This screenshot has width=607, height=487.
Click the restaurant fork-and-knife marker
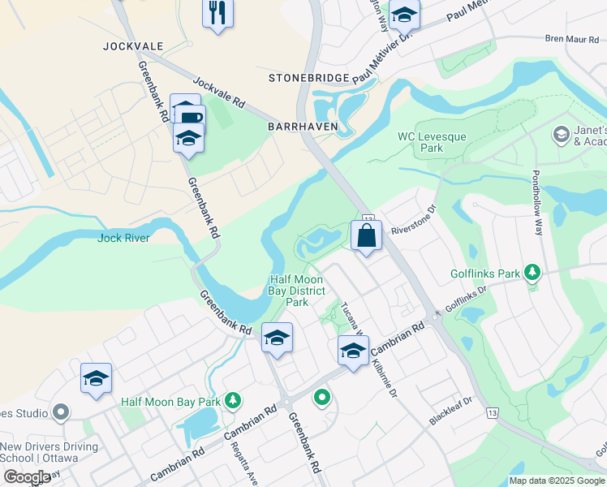point(217,12)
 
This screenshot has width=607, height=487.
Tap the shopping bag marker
point(366,236)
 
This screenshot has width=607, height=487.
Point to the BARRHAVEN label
point(302,127)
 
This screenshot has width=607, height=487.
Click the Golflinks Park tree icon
point(532,272)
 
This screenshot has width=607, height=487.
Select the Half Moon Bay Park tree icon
point(233,400)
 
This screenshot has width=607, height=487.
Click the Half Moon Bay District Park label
point(298,291)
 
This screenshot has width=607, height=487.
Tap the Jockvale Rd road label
point(218,92)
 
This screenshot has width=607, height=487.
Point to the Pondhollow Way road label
point(536,203)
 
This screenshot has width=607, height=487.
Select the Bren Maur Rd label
point(571,38)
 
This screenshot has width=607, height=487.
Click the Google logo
point(27,477)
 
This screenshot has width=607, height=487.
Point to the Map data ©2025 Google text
point(557,481)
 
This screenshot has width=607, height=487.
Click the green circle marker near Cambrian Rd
point(322,398)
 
